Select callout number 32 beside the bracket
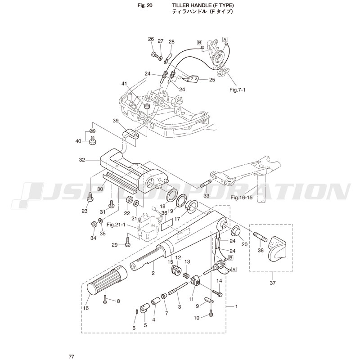point(82,159)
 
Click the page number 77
point(71,356)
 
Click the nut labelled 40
point(92,140)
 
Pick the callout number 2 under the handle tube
point(153,273)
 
